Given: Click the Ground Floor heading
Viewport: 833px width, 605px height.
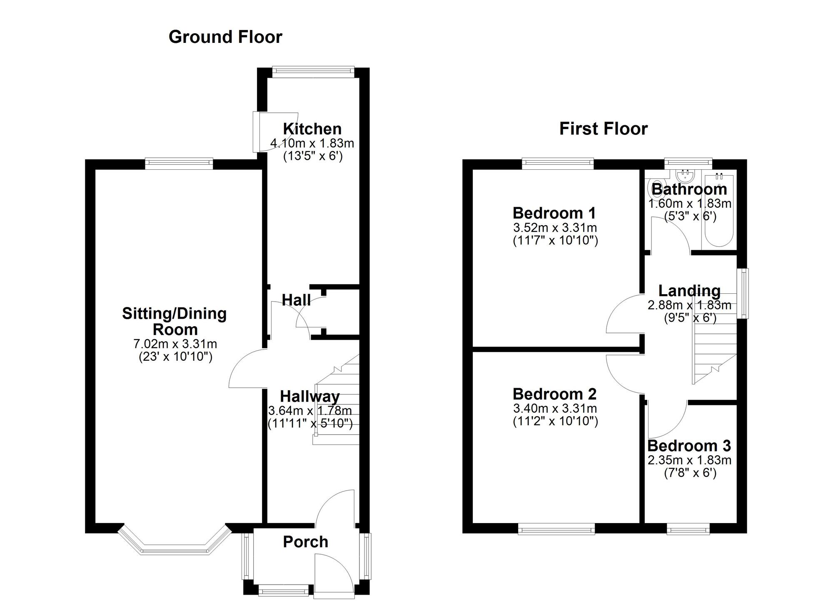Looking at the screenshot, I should tap(225, 37).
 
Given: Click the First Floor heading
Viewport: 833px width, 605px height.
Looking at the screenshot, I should tap(603, 129).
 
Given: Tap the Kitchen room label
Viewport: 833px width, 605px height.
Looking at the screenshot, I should tap(312, 129).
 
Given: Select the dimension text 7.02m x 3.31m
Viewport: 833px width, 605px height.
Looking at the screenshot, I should tap(175, 344).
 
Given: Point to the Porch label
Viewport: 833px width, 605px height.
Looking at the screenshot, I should tap(305, 542).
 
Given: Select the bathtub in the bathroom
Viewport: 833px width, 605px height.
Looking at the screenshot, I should tap(718, 210).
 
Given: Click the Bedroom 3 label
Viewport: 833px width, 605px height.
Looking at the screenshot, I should tap(689, 446).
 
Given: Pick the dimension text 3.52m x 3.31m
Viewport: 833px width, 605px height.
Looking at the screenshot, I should tap(555, 228).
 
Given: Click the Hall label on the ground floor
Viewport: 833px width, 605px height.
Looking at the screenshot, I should tap(296, 300).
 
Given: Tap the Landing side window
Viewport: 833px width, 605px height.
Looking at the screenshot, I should tap(743, 294).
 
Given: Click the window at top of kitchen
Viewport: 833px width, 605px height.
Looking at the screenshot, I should tap(313, 71).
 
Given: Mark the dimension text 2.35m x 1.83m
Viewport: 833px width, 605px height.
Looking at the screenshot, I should tap(689, 460).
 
